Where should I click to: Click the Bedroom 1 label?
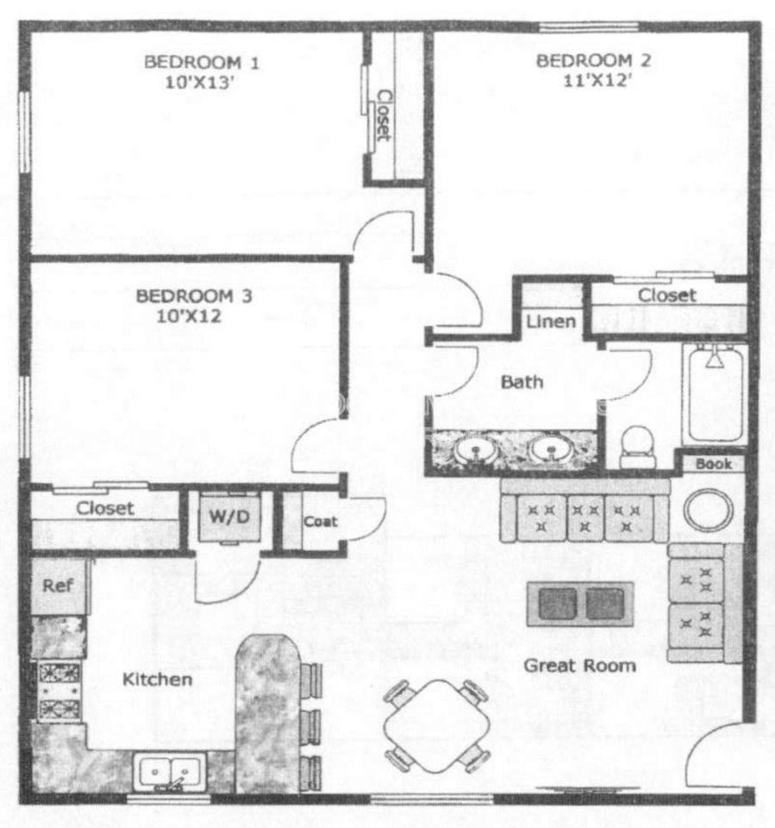tap(190, 62)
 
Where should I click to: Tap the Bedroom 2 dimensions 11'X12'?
tap(594, 83)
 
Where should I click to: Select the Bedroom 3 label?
tap(193, 297)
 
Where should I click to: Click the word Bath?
tap(522, 380)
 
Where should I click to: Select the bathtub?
tap(714, 393)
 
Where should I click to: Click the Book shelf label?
tap(713, 464)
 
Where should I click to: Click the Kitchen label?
tap(157, 680)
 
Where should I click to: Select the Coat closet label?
tap(321, 522)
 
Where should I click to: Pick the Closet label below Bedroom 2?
tap(666, 296)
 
